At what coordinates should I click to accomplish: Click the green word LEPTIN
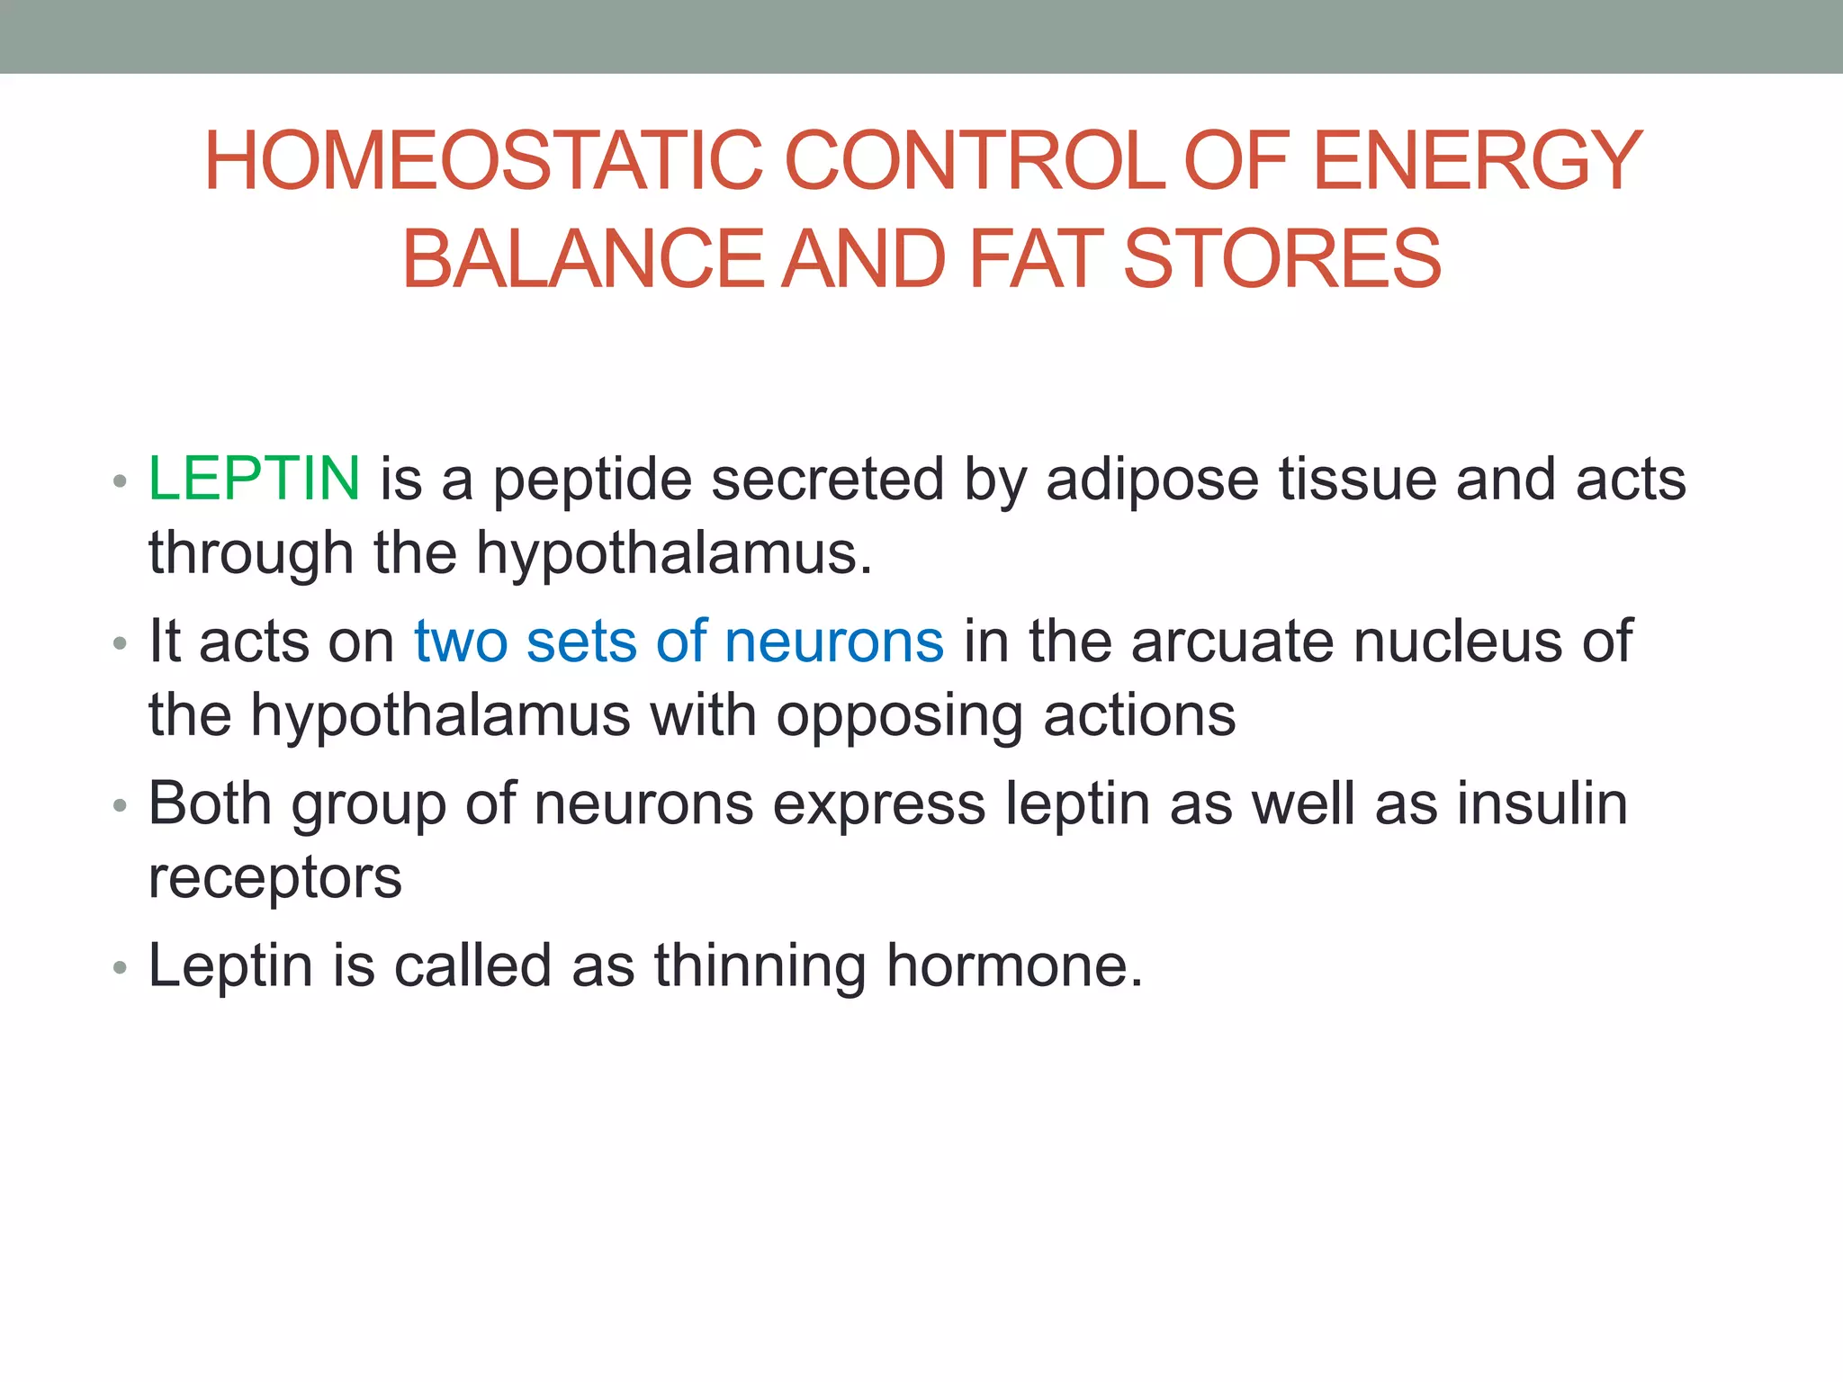(254, 479)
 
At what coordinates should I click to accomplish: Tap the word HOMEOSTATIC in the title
(483, 162)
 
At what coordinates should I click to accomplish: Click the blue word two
(461, 642)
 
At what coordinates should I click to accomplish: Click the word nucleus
(1457, 642)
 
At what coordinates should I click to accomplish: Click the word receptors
(274, 878)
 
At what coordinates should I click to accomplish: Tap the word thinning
(760, 966)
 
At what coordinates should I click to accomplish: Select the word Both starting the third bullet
(209, 803)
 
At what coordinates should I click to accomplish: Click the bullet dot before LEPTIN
(121, 482)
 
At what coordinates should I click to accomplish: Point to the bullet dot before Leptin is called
(121, 969)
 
